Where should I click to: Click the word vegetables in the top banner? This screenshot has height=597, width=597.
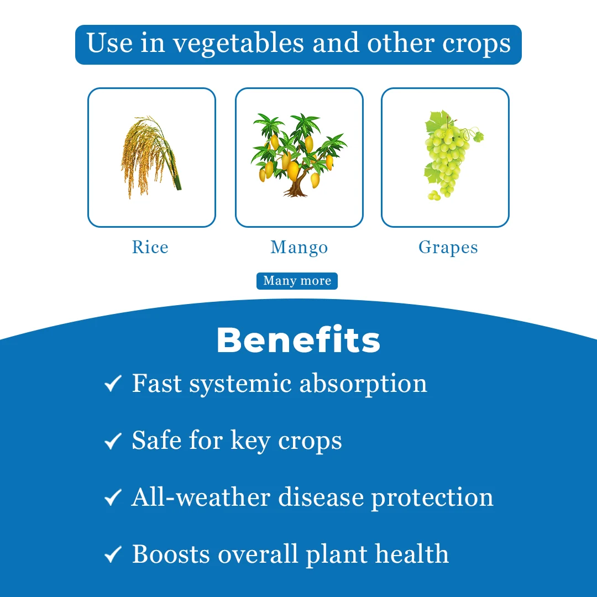coord(238,44)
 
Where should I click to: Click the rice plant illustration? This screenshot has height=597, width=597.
coord(151,157)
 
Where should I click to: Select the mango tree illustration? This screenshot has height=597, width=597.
coord(298,155)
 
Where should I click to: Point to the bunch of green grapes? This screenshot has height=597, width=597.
coord(449,155)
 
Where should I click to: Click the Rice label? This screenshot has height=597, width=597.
coord(150,247)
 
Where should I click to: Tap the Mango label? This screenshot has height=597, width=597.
coord(299,248)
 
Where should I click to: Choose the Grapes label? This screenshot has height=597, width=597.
coord(448,248)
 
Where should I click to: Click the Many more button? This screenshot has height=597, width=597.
coord(297,281)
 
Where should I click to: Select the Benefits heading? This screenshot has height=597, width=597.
coord(298,339)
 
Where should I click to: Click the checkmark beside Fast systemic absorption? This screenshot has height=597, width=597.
coord(113,384)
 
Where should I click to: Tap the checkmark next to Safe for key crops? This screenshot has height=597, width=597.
coord(113,441)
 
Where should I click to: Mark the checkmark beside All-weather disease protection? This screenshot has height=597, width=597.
coord(113,498)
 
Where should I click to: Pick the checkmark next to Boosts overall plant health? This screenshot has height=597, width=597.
coord(113,554)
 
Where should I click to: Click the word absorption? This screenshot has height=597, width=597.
coord(363,384)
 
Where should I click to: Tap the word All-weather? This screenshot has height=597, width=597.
coord(201,497)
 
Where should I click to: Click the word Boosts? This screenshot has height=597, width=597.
coord(171,554)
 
